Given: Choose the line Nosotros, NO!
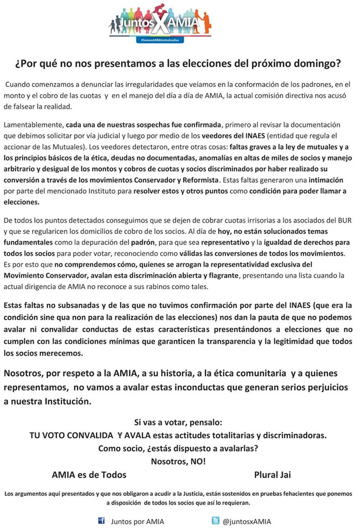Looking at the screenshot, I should (178, 460).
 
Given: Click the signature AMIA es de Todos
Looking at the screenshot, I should (89, 474).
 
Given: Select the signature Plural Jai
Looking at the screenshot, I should (272, 474).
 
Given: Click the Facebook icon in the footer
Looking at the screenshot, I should (102, 521).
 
